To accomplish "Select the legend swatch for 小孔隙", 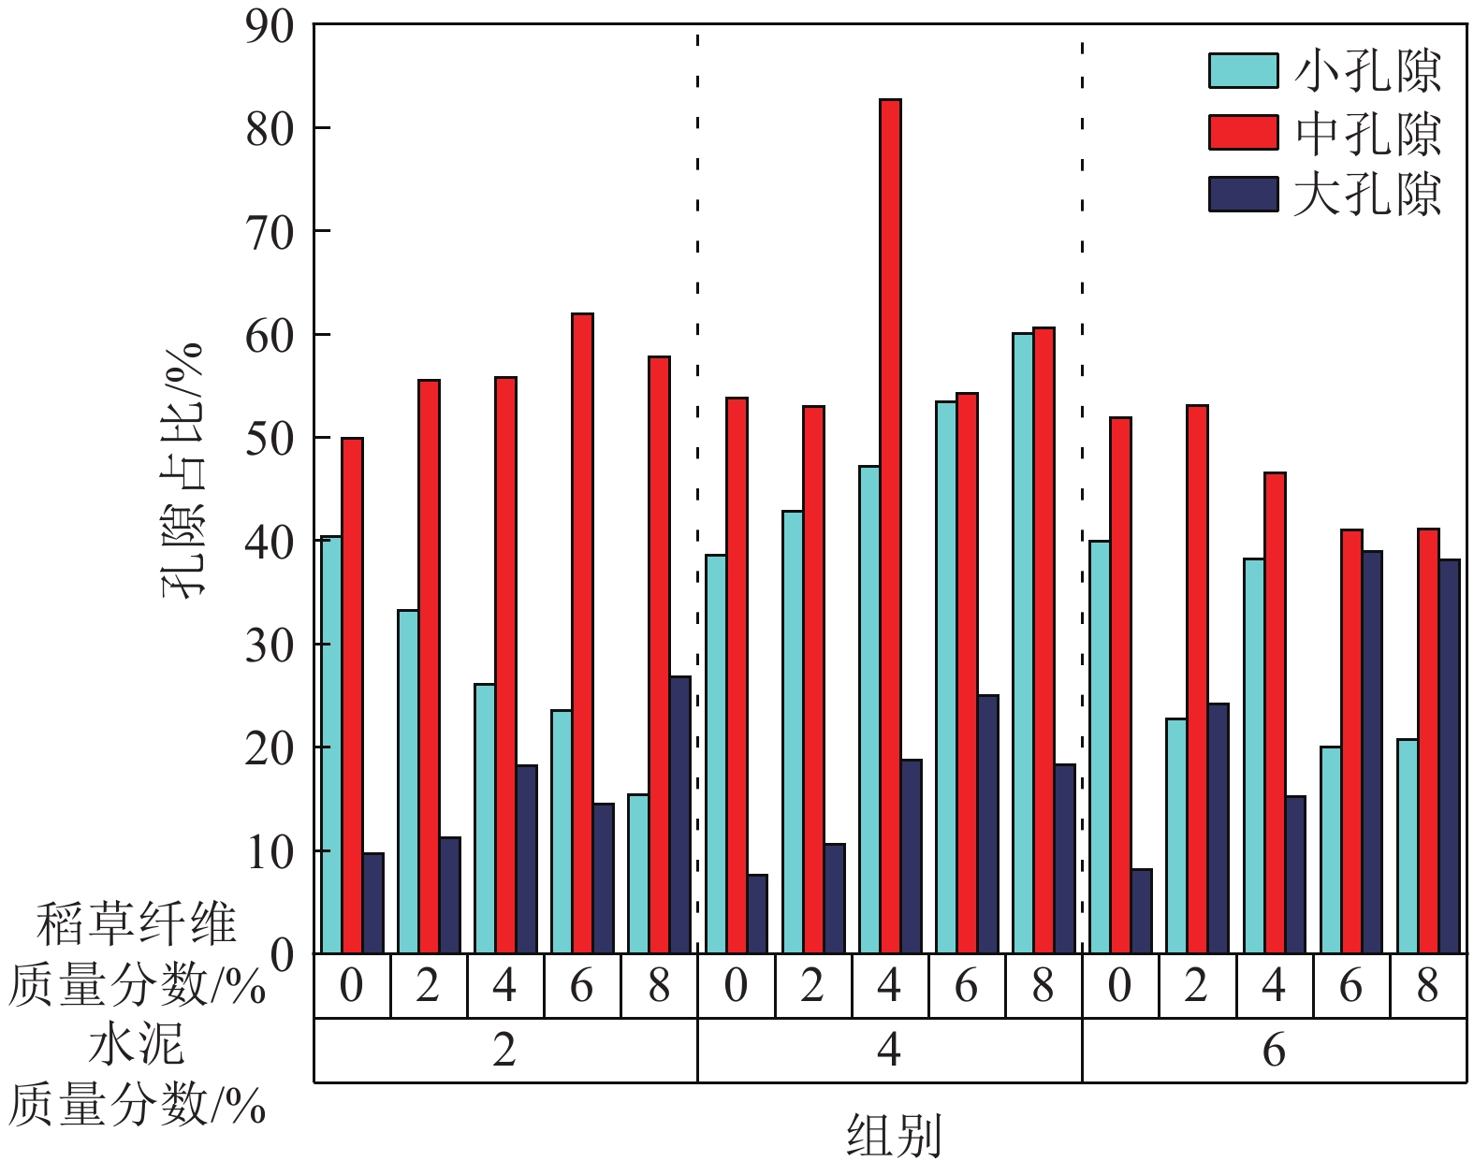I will click(1243, 71).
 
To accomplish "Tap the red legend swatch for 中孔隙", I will click(1243, 133).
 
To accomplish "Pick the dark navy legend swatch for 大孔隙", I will click(1243, 195).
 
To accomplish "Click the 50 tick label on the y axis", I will click(270, 439).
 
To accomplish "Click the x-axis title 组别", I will click(893, 1135).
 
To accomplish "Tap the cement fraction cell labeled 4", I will click(889, 1051).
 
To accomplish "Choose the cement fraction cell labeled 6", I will click(1274, 1051).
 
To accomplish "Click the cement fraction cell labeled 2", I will click(504, 1051).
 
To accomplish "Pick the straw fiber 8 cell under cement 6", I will click(1427, 986).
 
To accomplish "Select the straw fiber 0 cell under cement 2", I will click(351, 986).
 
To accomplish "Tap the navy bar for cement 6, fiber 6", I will click(1372, 752).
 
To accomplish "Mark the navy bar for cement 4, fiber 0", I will click(757, 914).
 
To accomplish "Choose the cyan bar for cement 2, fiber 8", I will click(637, 874).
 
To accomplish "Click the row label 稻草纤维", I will click(136, 924).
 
